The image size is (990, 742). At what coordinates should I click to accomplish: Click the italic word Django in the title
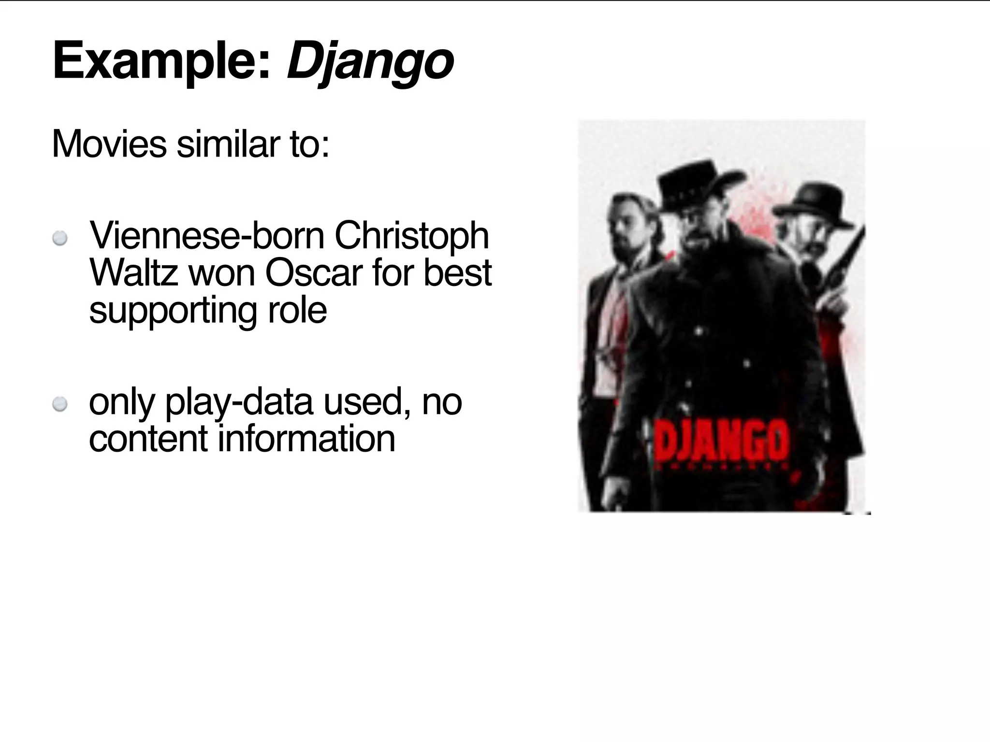click(370, 63)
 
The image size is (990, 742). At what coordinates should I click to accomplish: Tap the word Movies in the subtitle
click(109, 143)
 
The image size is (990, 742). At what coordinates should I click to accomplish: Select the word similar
click(227, 143)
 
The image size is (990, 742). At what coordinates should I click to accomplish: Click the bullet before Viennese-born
click(60, 238)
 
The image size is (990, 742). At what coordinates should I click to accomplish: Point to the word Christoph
click(411, 236)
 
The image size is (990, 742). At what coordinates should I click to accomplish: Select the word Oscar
click(313, 273)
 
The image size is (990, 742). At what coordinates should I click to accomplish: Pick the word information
click(307, 439)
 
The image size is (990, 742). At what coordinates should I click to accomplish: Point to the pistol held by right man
click(844, 271)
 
